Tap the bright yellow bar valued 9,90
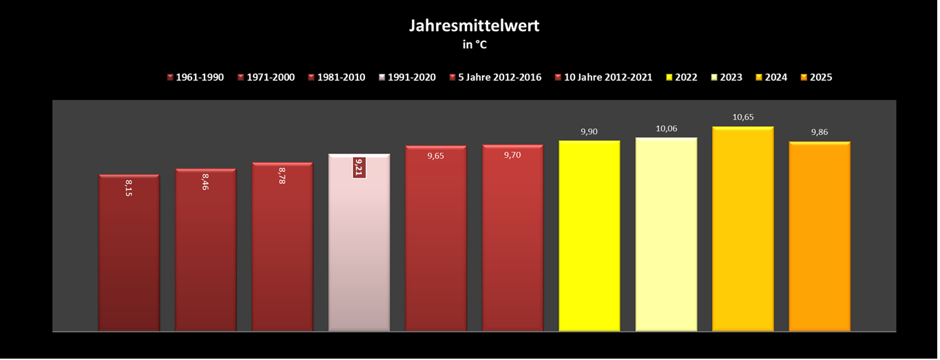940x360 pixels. pyautogui.click(x=589, y=237)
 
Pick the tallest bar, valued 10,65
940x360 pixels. pyautogui.click(x=743, y=231)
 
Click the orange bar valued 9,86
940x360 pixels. pyautogui.click(x=819, y=237)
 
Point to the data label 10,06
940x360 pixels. pyautogui.click(x=667, y=129)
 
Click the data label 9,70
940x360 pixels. pyautogui.click(x=513, y=156)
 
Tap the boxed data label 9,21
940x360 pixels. pyautogui.click(x=359, y=167)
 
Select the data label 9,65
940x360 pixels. pyautogui.click(x=436, y=156)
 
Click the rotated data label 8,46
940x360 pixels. pyautogui.click(x=205, y=181)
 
